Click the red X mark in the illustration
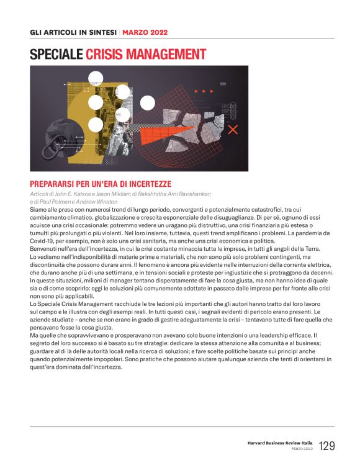click(233, 129)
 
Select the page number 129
click(326, 446)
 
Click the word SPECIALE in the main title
click(56, 55)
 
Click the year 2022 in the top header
click(158, 32)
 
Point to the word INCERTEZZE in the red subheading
click(147, 184)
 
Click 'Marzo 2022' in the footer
click(302, 449)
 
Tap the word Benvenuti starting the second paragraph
click(45, 248)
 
